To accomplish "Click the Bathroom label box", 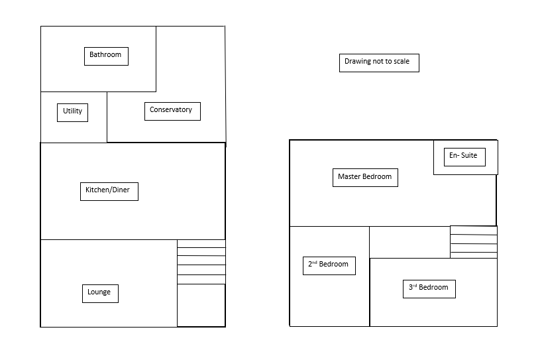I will pos(106,56).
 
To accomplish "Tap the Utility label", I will pos(73,112).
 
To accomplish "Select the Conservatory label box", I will pos(172,111).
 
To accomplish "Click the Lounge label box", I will pos(99,293).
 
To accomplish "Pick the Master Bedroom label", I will pos(365,177).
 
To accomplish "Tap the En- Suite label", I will pos(464,156).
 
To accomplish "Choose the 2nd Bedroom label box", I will pos(329,265).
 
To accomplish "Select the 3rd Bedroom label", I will pos(429,288).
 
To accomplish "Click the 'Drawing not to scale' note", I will pos(378,62).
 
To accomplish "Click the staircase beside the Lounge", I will pos(201,262).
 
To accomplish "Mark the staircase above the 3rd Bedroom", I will pos(473,241).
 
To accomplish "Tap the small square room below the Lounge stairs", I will pos(201,305).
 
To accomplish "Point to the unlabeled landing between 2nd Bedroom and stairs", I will pos(409,241).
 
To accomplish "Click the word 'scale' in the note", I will pos(400,62).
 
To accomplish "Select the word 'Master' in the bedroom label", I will pos(349,177).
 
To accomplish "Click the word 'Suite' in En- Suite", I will pos(469,156).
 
